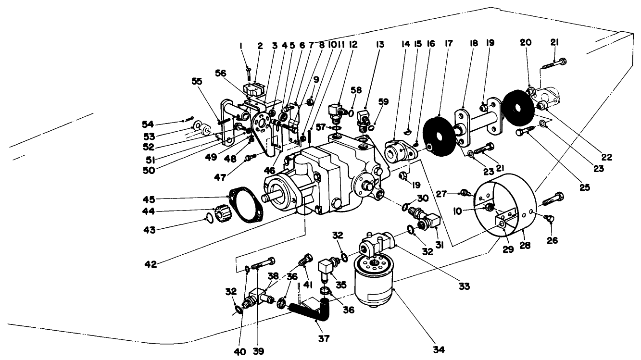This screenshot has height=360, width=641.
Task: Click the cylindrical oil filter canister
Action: [374, 284]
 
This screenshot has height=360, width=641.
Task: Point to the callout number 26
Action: [553, 240]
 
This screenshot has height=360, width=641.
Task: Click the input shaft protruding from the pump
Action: [267, 198]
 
